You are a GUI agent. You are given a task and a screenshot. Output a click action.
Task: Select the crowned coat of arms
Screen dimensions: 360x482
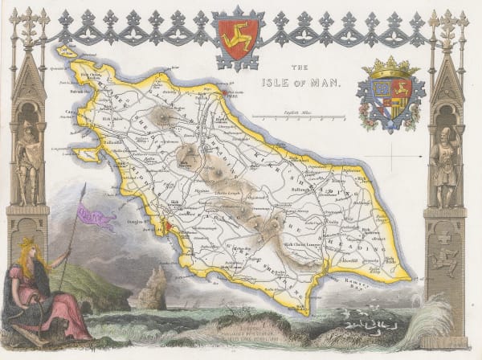pos(390,94)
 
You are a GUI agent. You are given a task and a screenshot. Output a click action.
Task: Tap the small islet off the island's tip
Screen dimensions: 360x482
pos(65,50)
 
